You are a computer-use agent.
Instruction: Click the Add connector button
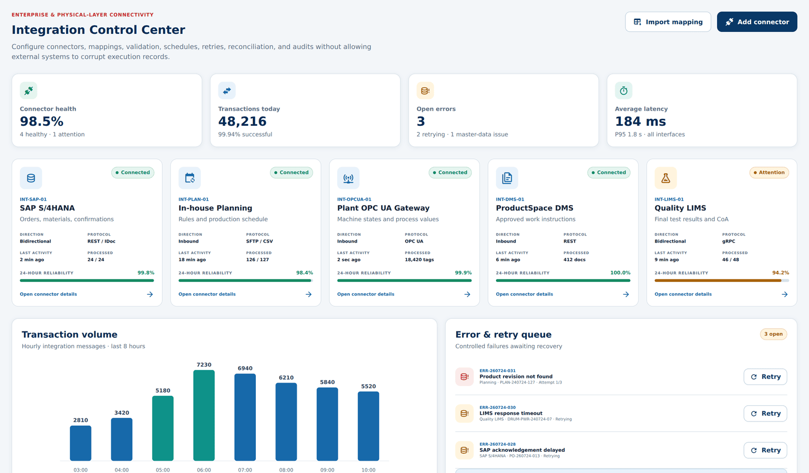click(x=757, y=22)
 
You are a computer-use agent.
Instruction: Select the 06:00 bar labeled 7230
click(x=204, y=415)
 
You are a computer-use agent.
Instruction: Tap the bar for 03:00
click(x=80, y=443)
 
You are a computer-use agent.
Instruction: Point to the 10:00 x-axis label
click(x=369, y=470)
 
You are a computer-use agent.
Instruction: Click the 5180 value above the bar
click(x=162, y=390)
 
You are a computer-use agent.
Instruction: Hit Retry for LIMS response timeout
click(x=766, y=413)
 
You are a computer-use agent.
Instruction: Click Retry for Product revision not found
click(x=766, y=376)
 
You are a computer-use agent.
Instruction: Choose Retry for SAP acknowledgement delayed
click(x=766, y=450)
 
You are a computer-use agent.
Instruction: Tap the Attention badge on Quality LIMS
click(x=769, y=173)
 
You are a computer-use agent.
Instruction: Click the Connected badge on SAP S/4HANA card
click(x=132, y=173)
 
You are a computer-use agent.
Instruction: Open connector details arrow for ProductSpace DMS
click(x=626, y=294)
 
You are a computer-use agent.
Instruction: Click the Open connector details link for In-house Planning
click(x=207, y=294)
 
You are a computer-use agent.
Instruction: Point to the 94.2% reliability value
click(x=781, y=272)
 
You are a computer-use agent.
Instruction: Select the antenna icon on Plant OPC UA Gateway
click(x=348, y=178)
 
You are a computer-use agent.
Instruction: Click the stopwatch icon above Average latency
click(x=624, y=90)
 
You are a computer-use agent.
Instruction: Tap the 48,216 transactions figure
click(x=242, y=121)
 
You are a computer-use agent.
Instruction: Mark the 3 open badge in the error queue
click(x=773, y=334)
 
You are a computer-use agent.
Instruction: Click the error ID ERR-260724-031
click(x=498, y=370)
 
